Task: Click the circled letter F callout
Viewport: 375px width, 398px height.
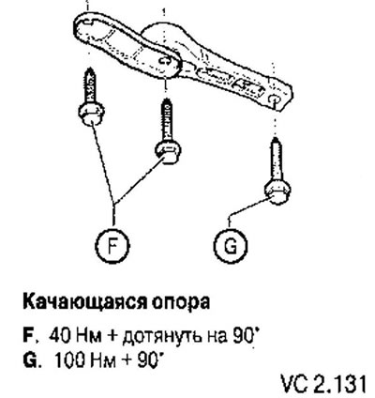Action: [x=112, y=246]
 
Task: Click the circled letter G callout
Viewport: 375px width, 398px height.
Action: [x=231, y=246]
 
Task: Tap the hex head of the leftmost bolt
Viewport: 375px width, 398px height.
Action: [x=91, y=114]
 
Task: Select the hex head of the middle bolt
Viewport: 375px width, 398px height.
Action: [x=168, y=152]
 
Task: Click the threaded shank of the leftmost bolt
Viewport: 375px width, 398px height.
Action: [x=90, y=85]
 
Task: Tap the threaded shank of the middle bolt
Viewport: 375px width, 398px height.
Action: [x=167, y=120]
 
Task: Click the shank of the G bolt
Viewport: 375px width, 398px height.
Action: [x=277, y=160]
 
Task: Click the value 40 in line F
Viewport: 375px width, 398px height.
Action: [x=58, y=336]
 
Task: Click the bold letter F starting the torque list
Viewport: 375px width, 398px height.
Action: [x=29, y=336]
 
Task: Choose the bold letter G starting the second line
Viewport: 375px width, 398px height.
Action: [x=30, y=360]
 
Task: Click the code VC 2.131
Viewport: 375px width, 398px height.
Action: [x=323, y=384]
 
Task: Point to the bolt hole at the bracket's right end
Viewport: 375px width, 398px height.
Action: [x=274, y=99]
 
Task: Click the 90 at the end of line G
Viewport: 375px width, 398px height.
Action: [x=147, y=360]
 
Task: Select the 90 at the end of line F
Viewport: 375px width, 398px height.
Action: [x=242, y=336]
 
